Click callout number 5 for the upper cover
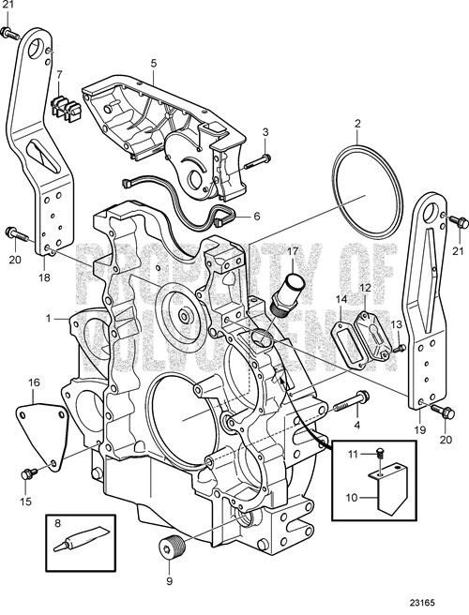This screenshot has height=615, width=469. (x=153, y=63)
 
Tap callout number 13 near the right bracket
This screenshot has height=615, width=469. (x=396, y=323)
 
